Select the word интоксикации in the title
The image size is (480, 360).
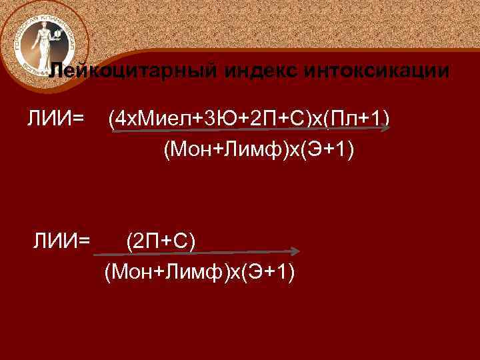375,71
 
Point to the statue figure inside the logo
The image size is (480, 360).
42,41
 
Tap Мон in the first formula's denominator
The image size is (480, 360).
191,151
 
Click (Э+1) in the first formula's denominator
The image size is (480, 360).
326,151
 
